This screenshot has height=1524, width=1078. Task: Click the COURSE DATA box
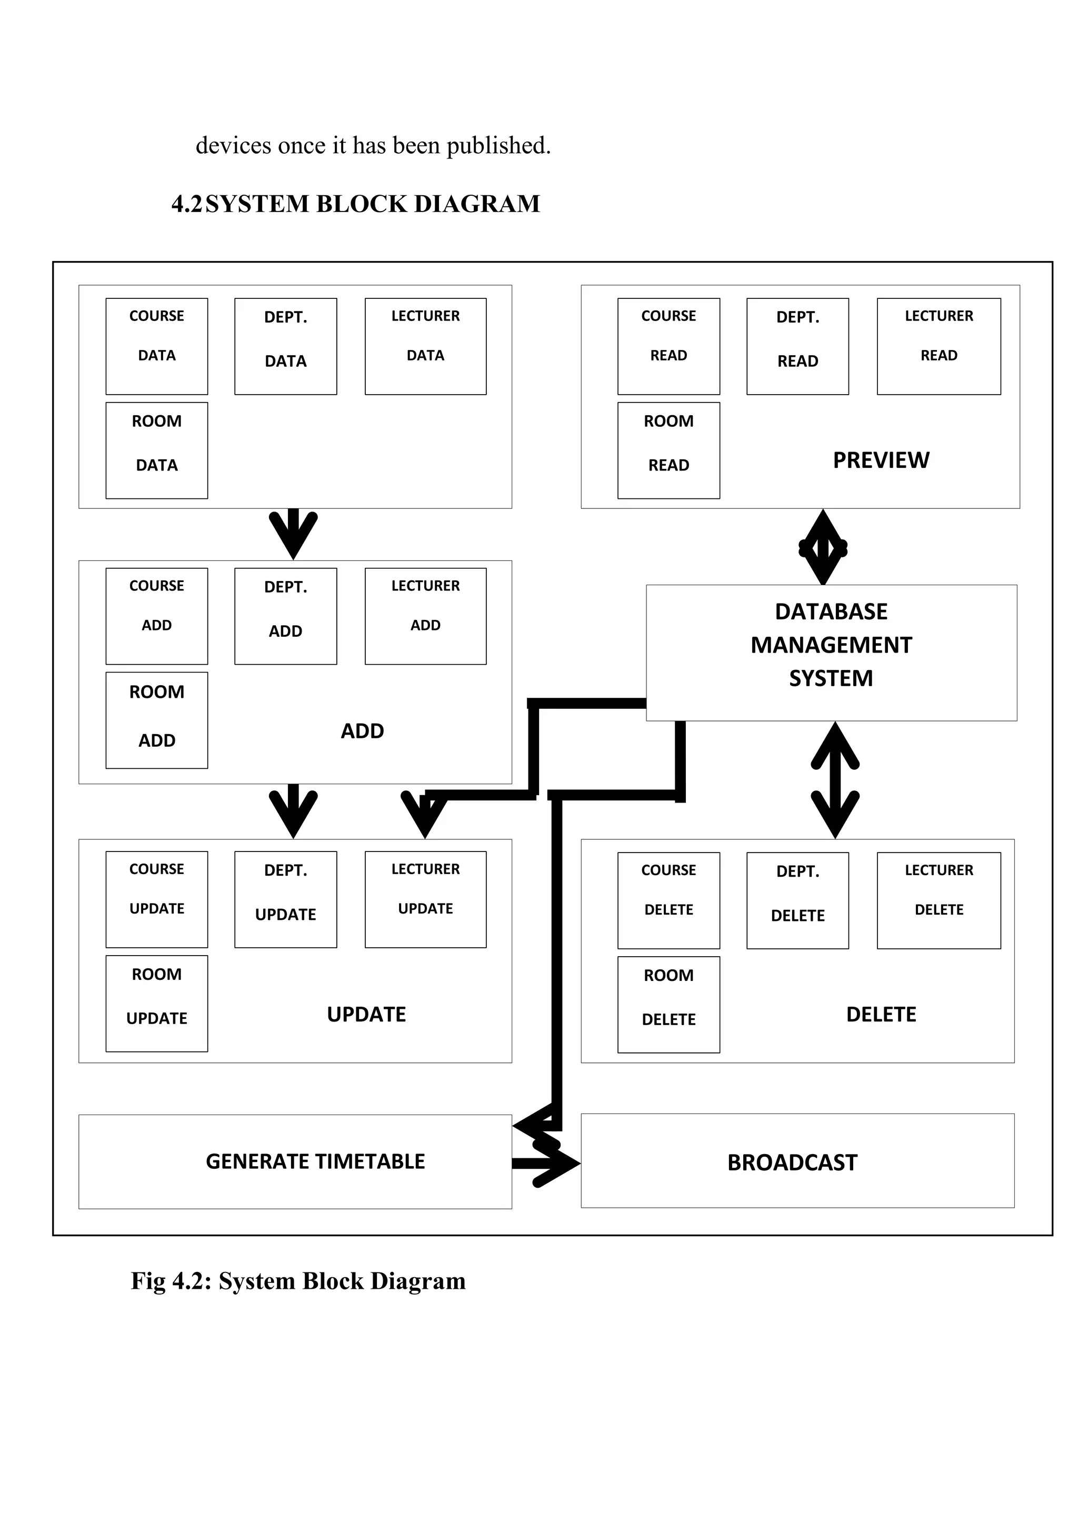point(157,346)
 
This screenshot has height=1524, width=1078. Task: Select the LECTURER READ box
point(938,346)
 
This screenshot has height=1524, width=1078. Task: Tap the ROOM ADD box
point(157,720)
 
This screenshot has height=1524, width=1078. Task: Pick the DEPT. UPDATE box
point(285,899)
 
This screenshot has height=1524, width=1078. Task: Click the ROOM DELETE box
point(668,1004)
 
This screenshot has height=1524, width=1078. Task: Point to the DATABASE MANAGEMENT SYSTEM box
point(831,652)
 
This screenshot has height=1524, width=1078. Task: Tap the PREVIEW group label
point(880,459)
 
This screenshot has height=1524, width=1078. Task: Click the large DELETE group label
point(880,1014)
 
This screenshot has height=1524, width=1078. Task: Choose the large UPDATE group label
point(366,1014)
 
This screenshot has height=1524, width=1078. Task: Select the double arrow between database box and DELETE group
point(834,780)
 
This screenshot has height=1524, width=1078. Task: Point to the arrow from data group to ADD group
point(293,533)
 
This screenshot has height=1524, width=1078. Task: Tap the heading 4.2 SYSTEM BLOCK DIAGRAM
point(356,204)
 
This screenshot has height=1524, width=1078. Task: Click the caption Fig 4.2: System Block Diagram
point(298,1280)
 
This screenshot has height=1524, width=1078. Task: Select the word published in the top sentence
point(498,145)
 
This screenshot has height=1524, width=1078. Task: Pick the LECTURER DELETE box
point(938,900)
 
